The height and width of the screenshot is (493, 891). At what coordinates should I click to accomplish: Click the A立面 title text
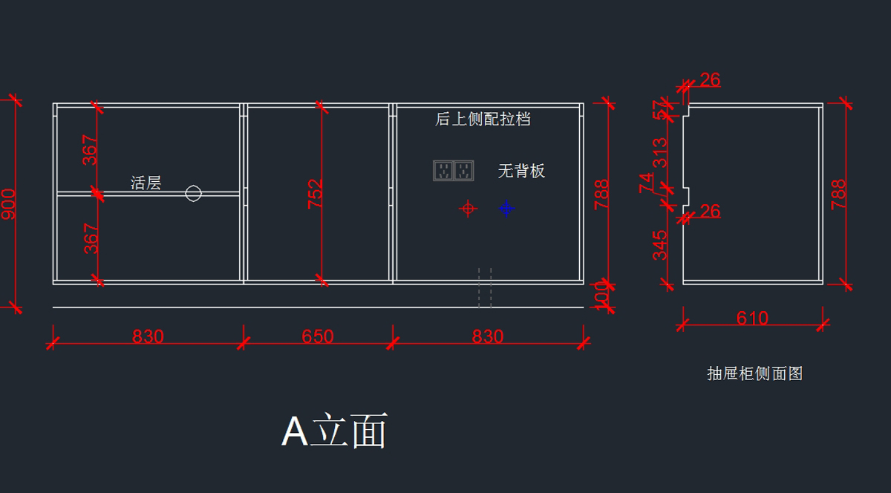coord(334,431)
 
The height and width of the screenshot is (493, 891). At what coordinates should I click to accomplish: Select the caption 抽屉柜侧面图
coord(754,373)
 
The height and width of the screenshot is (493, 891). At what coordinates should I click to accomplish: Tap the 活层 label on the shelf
coord(146,183)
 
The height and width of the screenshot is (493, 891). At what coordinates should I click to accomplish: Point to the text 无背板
coord(521,171)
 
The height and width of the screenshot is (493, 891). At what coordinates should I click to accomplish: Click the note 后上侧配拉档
coord(483,119)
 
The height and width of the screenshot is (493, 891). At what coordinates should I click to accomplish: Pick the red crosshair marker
coord(468,209)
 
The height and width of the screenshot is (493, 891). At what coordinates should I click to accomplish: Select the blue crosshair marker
coord(506,209)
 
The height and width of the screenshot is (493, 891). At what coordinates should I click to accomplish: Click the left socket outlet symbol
coord(443,171)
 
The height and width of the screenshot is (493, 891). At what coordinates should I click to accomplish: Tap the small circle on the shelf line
coord(193,194)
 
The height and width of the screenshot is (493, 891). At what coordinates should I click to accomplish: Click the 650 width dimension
coord(318,336)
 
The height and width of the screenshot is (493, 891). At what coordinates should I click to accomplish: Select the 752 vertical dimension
coord(316,194)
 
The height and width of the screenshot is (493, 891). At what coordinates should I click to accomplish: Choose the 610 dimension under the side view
coord(752,319)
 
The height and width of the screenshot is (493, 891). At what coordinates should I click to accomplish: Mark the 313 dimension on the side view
coord(659,154)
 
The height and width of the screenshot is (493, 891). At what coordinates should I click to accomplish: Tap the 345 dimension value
coord(659,246)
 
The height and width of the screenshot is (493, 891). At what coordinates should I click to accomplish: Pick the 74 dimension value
coord(647,183)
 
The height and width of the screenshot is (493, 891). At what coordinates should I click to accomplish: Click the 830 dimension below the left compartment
coord(148,336)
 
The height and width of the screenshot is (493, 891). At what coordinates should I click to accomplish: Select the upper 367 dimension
coord(90,149)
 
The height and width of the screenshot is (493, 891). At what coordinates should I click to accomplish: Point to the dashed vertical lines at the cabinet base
coord(484,288)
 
